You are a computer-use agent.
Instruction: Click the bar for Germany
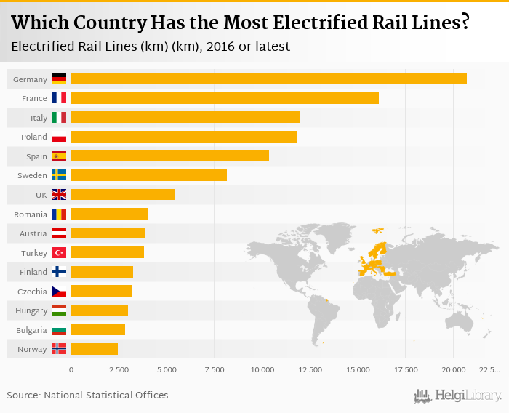[268, 79]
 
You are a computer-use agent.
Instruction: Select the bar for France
[225, 98]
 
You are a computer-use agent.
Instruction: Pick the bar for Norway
[94, 349]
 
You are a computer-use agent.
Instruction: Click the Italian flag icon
[59, 118]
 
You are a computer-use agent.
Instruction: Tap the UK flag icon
[59, 195]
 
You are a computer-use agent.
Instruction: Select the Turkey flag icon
[59, 252]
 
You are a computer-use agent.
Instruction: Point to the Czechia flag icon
[59, 291]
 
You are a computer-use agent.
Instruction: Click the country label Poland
[34, 137]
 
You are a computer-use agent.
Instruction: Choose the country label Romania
[31, 214]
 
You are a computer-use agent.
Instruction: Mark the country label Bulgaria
[31, 329]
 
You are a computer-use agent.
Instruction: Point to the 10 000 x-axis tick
[262, 370]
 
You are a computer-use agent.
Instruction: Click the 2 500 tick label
[119, 370]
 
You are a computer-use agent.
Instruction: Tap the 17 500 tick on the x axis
[405, 370]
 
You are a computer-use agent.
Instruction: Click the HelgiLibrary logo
[458, 396]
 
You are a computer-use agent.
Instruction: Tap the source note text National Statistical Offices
[106, 396]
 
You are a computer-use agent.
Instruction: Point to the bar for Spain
[169, 156]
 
